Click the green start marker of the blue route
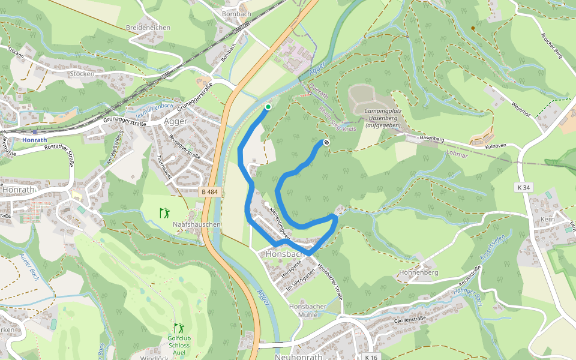click(268, 107)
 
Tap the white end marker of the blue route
click(325, 142)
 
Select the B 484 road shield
click(210, 192)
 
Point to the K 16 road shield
click(371, 357)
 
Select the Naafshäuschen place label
click(197, 224)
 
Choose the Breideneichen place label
click(148, 28)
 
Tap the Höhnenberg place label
click(418, 272)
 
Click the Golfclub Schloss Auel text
click(179, 346)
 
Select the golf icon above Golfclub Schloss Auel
click(179, 328)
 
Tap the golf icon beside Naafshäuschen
click(164, 212)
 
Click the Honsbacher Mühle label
click(307, 310)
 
